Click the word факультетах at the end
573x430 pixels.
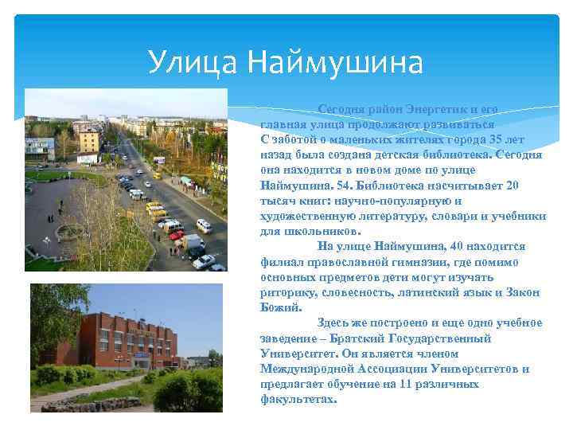pos(298,399)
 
